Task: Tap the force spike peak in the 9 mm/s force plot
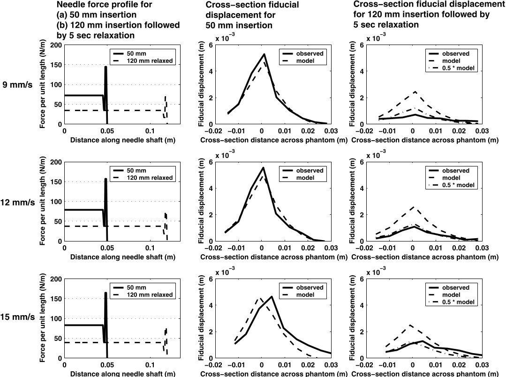(x=106, y=67)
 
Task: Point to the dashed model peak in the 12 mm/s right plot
(x=413, y=206)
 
